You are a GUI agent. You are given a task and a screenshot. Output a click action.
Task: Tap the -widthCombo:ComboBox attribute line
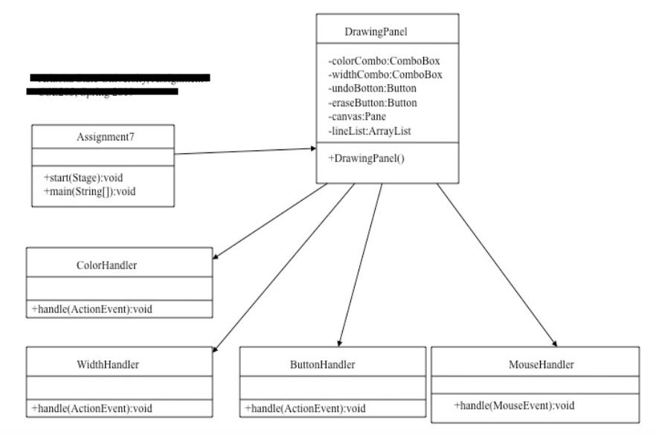pos(378,75)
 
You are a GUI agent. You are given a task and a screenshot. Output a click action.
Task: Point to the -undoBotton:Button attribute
pos(372,88)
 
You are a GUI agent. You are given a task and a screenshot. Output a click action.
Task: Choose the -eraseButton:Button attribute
pos(372,102)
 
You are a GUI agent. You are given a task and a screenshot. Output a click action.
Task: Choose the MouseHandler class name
pos(536,364)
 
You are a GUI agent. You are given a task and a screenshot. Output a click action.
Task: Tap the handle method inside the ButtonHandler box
pos(305,408)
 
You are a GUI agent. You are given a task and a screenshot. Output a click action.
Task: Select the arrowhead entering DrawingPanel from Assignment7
pos(311,149)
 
